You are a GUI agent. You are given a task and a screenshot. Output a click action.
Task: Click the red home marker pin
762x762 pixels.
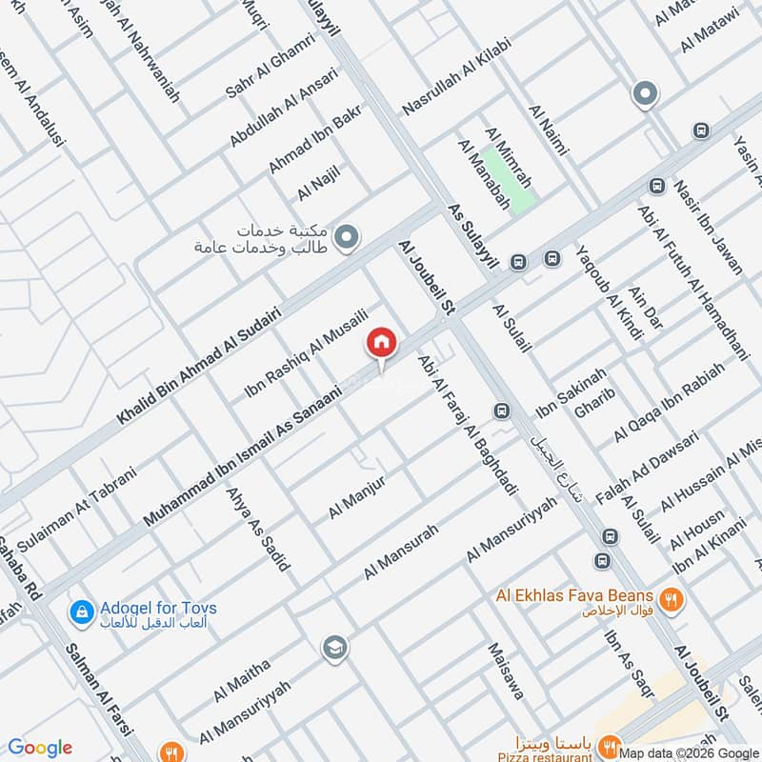pos(381,342)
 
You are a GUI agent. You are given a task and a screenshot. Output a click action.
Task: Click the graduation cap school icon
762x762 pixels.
pos(334,649)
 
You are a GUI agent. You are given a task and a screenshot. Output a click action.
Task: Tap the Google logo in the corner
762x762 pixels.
pos(39,748)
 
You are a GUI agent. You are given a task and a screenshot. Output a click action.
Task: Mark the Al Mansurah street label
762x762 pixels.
pos(400,552)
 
